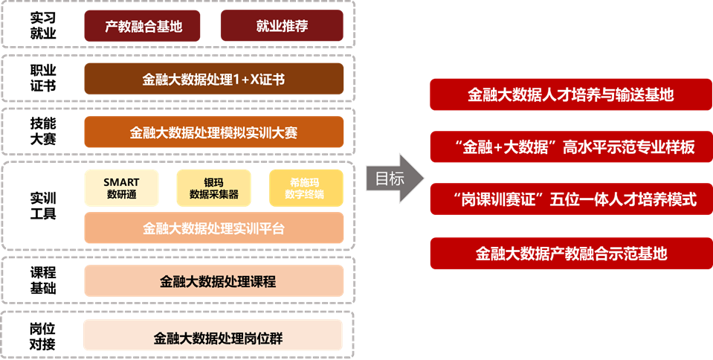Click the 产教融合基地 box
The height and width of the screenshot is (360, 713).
pos(143,26)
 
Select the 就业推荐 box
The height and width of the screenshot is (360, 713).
pos(282,26)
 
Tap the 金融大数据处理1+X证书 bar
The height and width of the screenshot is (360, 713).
pos(213,79)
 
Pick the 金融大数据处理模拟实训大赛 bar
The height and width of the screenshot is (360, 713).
pos(213,132)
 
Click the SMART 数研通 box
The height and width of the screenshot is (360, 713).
pos(121,187)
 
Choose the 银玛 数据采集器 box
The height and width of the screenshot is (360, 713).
pos(213,187)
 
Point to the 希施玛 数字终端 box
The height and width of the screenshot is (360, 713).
pos(306,187)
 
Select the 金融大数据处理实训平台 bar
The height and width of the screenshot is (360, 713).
pos(213,228)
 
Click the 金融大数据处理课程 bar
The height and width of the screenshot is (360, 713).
pos(213,281)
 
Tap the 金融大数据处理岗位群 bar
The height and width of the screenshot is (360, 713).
pos(213,335)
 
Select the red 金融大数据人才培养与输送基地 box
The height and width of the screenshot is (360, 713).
pos(571,94)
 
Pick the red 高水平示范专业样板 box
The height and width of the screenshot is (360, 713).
pos(571,147)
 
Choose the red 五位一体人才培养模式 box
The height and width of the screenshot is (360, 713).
pos(571,199)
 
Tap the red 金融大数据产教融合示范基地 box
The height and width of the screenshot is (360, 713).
pos(571,253)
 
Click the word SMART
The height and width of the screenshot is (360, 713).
pos(121,181)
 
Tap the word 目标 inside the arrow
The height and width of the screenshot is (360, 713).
pos(390,179)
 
